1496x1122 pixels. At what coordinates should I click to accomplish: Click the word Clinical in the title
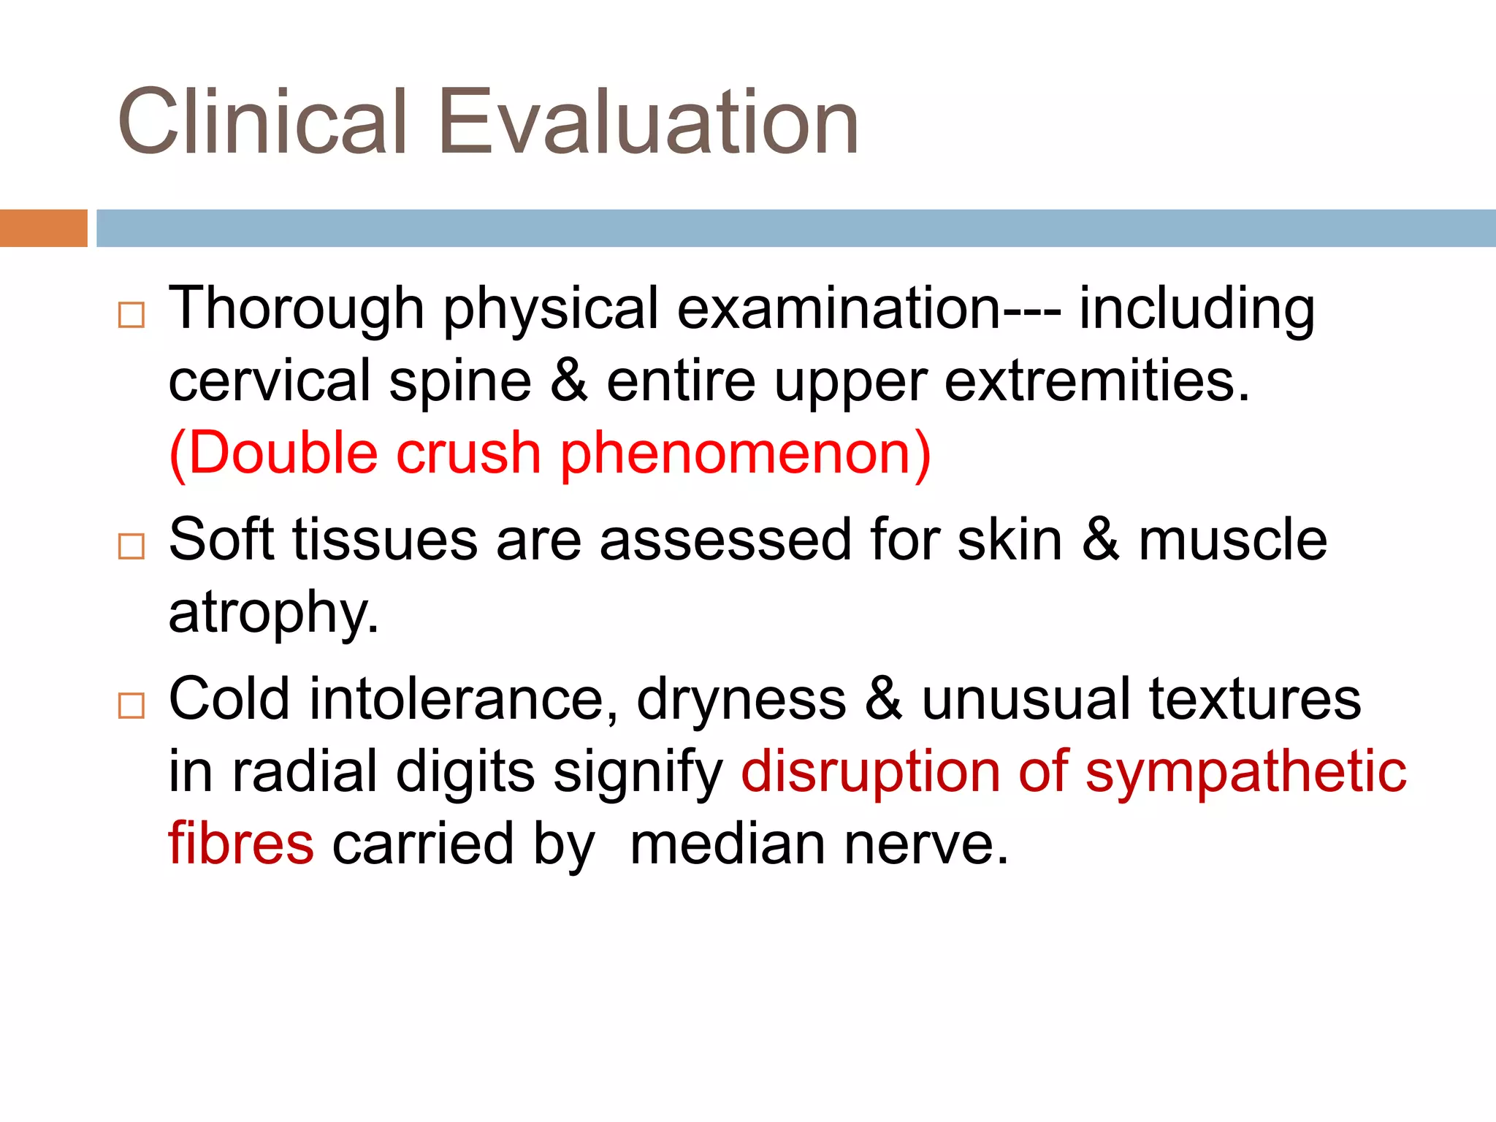coord(262,123)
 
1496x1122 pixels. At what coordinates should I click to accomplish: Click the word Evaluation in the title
coord(648,123)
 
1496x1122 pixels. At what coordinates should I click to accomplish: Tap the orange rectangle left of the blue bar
coord(43,228)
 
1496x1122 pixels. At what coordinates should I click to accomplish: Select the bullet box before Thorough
coord(131,315)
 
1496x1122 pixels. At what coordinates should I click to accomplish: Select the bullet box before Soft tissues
coord(131,546)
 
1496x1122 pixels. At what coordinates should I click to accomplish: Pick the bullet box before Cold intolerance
coord(131,706)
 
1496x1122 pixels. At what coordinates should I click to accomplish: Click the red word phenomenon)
coord(746,455)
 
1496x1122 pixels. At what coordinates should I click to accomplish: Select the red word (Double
coord(273,454)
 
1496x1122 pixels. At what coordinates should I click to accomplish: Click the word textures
coord(1254,700)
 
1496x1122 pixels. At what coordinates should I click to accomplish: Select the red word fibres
coord(241,844)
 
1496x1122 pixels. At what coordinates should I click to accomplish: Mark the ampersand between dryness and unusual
coord(884,700)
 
